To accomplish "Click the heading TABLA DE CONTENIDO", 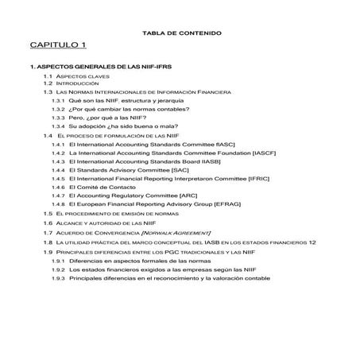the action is tap(181, 33).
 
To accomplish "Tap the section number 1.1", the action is tap(48, 75).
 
